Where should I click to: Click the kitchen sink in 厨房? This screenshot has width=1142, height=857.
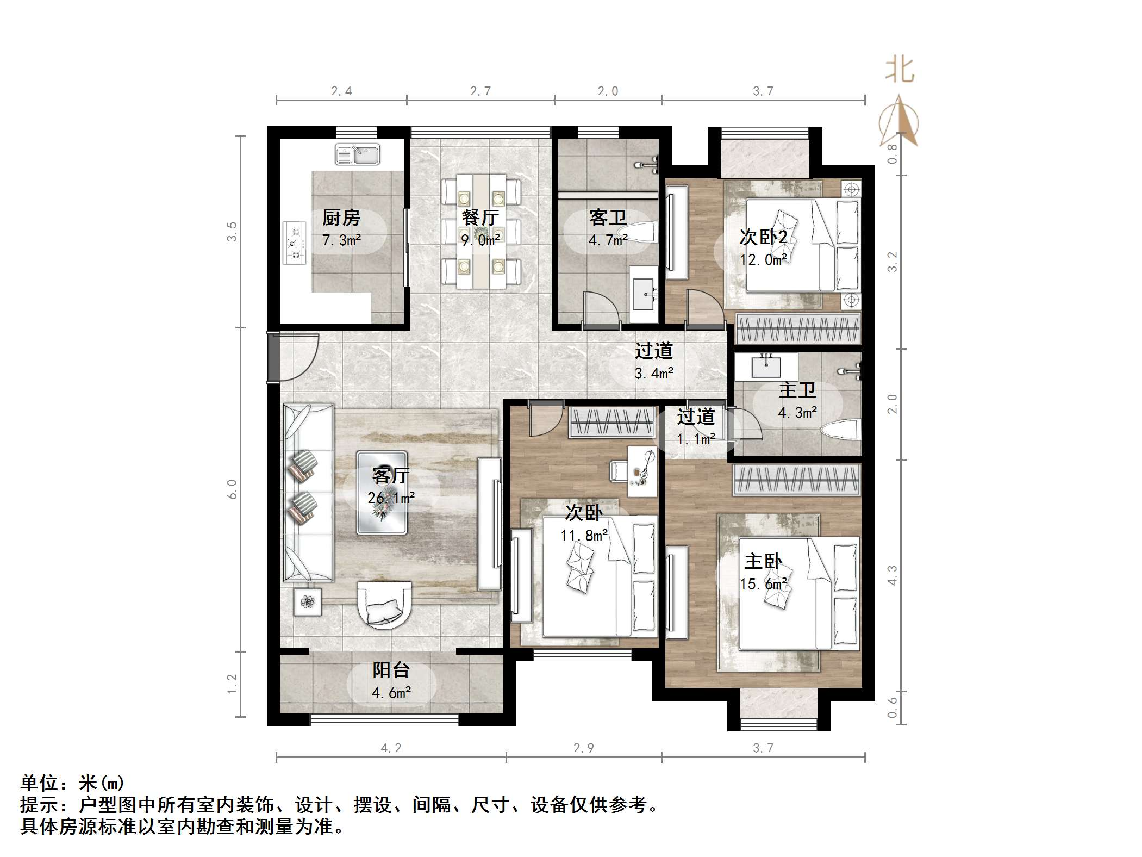coord(357,154)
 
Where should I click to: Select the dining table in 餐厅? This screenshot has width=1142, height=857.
coord(481,232)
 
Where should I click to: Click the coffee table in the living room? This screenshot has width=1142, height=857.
coord(382,493)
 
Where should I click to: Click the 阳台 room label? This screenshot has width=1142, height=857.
coord(391,670)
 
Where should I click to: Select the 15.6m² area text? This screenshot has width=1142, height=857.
coord(763,584)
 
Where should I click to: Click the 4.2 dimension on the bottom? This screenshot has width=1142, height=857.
coord(391,748)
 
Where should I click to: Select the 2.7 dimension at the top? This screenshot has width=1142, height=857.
coord(480,91)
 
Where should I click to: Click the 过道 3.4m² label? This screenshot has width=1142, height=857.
coord(654,361)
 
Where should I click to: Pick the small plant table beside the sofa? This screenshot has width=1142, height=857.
coord(308,601)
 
